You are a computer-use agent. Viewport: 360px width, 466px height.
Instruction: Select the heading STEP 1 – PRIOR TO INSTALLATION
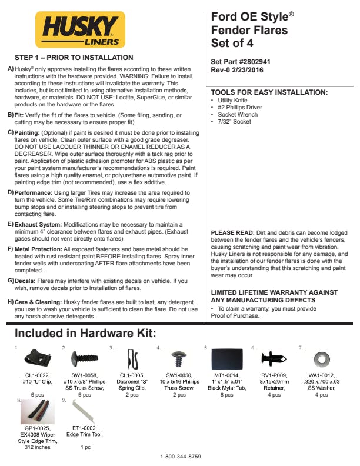pos(74,58)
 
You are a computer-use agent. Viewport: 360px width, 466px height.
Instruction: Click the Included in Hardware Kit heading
pos(85,334)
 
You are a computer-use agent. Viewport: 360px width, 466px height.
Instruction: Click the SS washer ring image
pos(322,357)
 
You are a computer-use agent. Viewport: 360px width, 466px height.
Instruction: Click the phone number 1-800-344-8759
pos(181,457)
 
